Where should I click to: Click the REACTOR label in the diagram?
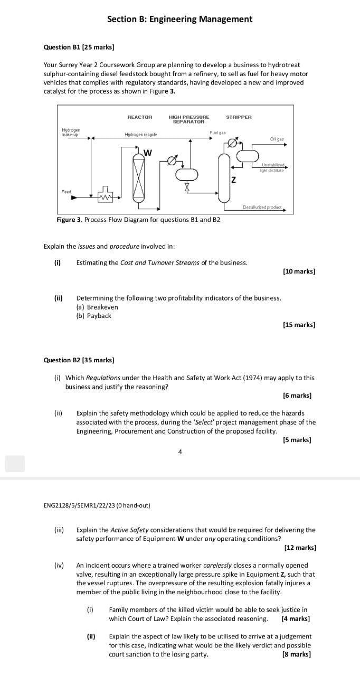click(139, 117)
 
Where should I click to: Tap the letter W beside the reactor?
click(148, 153)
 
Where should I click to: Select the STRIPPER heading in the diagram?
click(239, 117)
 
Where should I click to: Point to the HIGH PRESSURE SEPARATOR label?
click(188, 119)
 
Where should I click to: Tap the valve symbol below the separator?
click(186, 187)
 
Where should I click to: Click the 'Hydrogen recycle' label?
click(140, 135)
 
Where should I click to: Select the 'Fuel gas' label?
click(217, 133)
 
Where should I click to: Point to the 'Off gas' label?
click(277, 139)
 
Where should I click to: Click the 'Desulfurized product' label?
click(262, 207)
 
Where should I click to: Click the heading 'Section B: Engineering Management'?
click(179, 20)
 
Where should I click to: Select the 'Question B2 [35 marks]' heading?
click(79, 360)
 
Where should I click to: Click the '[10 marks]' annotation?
click(299, 271)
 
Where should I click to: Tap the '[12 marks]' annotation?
click(300, 548)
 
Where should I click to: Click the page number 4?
click(180, 452)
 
